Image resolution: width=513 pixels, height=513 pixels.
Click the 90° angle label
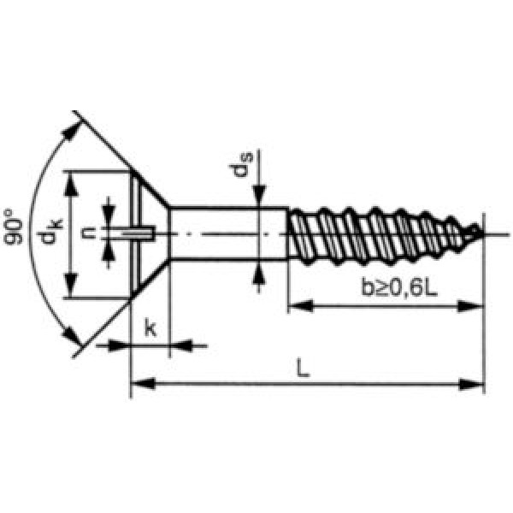pyautogui.click(x=14, y=227)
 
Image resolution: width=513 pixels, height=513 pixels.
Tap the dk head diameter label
pyautogui.click(x=49, y=231)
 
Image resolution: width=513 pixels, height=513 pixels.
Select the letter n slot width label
pyautogui.click(x=88, y=233)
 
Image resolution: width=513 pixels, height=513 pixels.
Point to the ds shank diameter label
pyautogui.click(x=240, y=164)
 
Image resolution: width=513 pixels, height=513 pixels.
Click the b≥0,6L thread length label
pyautogui.click(x=399, y=287)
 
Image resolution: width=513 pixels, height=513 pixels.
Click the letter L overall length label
pyautogui.click(x=303, y=368)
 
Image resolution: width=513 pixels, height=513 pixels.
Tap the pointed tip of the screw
pyautogui.click(x=482, y=233)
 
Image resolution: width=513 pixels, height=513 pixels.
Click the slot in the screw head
pyautogui.click(x=137, y=233)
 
